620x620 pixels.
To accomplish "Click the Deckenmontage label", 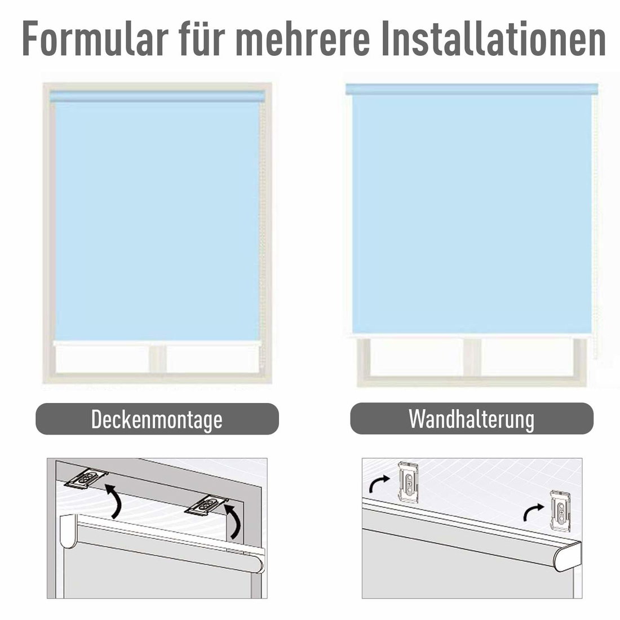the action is (157, 419).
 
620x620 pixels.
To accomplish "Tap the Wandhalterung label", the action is (471, 419).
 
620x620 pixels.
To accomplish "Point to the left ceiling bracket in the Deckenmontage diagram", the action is (87, 480).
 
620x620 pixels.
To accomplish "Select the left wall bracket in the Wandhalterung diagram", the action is (409, 482).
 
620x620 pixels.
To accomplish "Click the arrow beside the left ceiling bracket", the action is (114, 500).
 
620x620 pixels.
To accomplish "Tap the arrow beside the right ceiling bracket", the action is (234, 521).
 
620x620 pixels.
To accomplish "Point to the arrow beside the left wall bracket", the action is (379, 483).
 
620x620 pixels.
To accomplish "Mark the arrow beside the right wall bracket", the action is (533, 511).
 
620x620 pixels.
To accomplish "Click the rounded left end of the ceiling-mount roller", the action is (68, 531).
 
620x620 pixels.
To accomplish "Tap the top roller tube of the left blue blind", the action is (157, 96).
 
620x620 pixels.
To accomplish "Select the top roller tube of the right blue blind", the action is (471, 90).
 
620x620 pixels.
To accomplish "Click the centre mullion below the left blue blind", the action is (157, 359).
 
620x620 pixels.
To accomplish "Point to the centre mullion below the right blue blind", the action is (472, 357).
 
